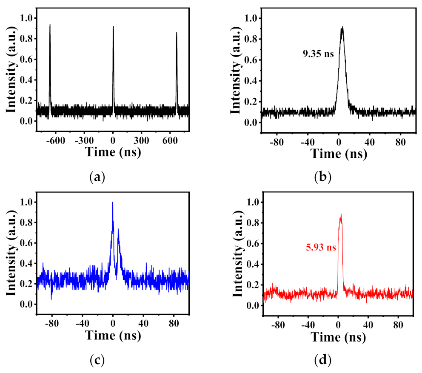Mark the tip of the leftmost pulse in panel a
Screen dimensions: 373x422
[50, 25]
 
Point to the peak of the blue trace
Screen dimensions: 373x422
[112, 202]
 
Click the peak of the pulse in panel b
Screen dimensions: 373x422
[342, 28]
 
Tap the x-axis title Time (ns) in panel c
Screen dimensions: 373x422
[113, 336]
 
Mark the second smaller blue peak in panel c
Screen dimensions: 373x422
[118, 229]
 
